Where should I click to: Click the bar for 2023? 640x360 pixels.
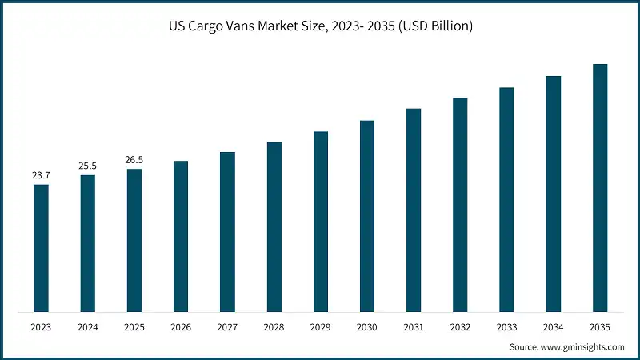(41, 248)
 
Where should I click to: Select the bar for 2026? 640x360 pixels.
(181, 236)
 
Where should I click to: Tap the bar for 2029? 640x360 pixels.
(320, 222)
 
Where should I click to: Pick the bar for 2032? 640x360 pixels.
(460, 205)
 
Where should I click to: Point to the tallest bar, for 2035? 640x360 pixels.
(599, 188)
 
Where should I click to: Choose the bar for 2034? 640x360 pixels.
(553, 194)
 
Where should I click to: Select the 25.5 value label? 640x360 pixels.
(87, 166)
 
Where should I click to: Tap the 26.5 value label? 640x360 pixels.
(134, 159)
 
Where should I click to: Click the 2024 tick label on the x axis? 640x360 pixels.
(87, 326)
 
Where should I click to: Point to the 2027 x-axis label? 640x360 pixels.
(227, 326)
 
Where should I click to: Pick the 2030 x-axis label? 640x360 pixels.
(366, 326)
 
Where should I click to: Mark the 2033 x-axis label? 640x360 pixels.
(506, 326)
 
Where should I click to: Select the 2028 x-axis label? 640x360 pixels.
(274, 326)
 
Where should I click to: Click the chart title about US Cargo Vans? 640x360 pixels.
(320, 26)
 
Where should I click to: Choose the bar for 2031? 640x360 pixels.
(413, 210)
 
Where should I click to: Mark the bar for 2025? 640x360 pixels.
(134, 240)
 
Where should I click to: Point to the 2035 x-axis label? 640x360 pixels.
(599, 326)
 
